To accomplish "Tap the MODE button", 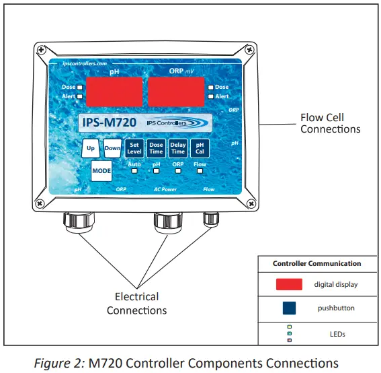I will point(101,171).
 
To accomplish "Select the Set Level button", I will point(134,148).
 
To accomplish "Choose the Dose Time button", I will point(156,148).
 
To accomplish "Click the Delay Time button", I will point(177,148).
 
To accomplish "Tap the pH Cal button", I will point(199,148).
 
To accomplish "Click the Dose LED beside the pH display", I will point(80,87).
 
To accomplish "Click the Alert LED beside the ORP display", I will point(210,96).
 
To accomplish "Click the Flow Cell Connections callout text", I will point(329,123).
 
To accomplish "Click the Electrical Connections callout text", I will point(136,303).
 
